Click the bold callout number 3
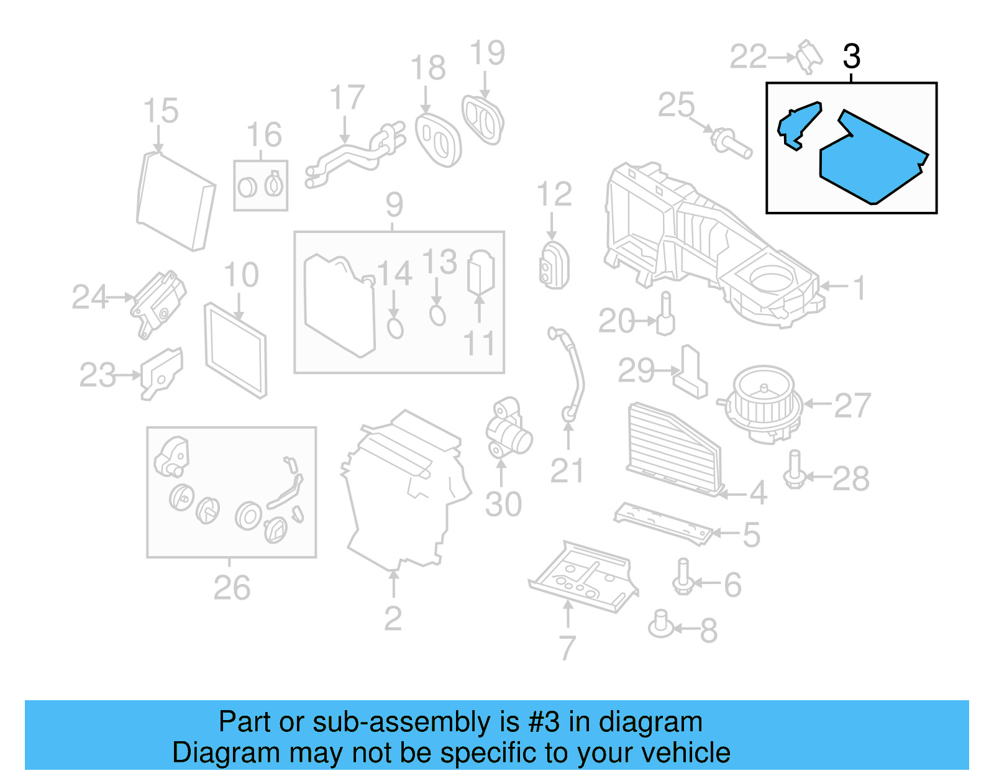(851, 57)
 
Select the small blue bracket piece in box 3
(797, 124)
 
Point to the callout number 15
(160, 111)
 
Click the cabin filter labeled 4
(674, 447)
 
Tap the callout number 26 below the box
(232, 588)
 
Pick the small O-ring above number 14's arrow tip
(395, 327)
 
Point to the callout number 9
(394, 205)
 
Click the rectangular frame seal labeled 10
(236, 350)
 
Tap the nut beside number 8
(661, 625)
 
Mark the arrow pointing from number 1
(833, 286)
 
